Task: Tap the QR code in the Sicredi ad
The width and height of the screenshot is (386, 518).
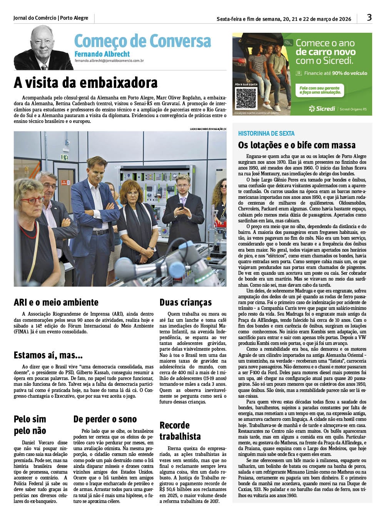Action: coord(246,98)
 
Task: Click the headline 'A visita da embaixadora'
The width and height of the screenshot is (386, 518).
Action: coord(86,83)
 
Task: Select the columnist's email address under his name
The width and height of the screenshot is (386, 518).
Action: coord(109,61)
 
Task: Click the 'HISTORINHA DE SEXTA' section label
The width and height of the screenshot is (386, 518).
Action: coord(266,133)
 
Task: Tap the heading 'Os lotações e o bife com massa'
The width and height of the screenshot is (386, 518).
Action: coord(297,145)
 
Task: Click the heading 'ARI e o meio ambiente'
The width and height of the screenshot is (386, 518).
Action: coord(56,302)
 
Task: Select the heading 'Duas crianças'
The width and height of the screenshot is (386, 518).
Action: coord(186,302)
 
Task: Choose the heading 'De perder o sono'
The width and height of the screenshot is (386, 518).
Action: coord(105,419)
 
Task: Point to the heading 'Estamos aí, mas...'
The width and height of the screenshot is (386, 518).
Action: coord(48,355)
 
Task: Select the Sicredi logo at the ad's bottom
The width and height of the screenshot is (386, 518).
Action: coord(322,109)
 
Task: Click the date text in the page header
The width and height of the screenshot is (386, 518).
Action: coord(284,19)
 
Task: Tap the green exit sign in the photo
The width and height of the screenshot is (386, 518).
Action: coord(65,157)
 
